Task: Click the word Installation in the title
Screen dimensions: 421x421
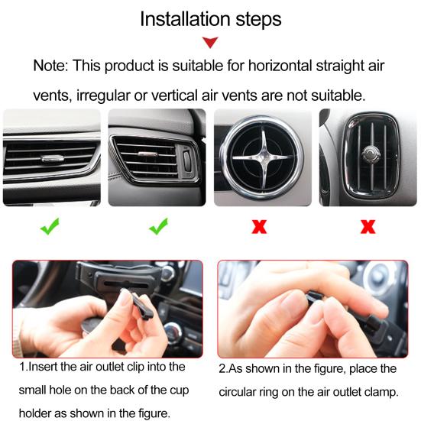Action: click(x=185, y=19)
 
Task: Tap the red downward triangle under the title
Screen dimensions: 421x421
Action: click(x=210, y=43)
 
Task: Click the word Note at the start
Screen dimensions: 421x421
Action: click(x=50, y=66)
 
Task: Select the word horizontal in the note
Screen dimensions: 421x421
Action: click(x=280, y=66)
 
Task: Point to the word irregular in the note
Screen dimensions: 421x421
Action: click(x=103, y=96)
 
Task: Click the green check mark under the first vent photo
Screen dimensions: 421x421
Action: click(x=50, y=226)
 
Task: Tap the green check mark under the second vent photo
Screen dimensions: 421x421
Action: click(x=158, y=226)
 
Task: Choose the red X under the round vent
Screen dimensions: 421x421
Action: click(x=259, y=226)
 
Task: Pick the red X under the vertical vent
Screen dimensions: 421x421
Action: click(x=368, y=226)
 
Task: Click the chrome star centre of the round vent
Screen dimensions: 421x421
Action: click(x=264, y=157)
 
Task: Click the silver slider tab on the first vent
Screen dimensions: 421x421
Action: click(x=53, y=158)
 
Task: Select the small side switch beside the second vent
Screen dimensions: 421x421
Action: click(x=186, y=160)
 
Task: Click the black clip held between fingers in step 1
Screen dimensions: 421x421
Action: click(x=141, y=306)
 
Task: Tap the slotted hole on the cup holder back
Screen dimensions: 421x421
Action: click(x=126, y=283)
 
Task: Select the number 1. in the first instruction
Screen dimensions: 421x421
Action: click(x=23, y=367)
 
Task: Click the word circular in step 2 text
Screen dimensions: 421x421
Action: click(x=238, y=392)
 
